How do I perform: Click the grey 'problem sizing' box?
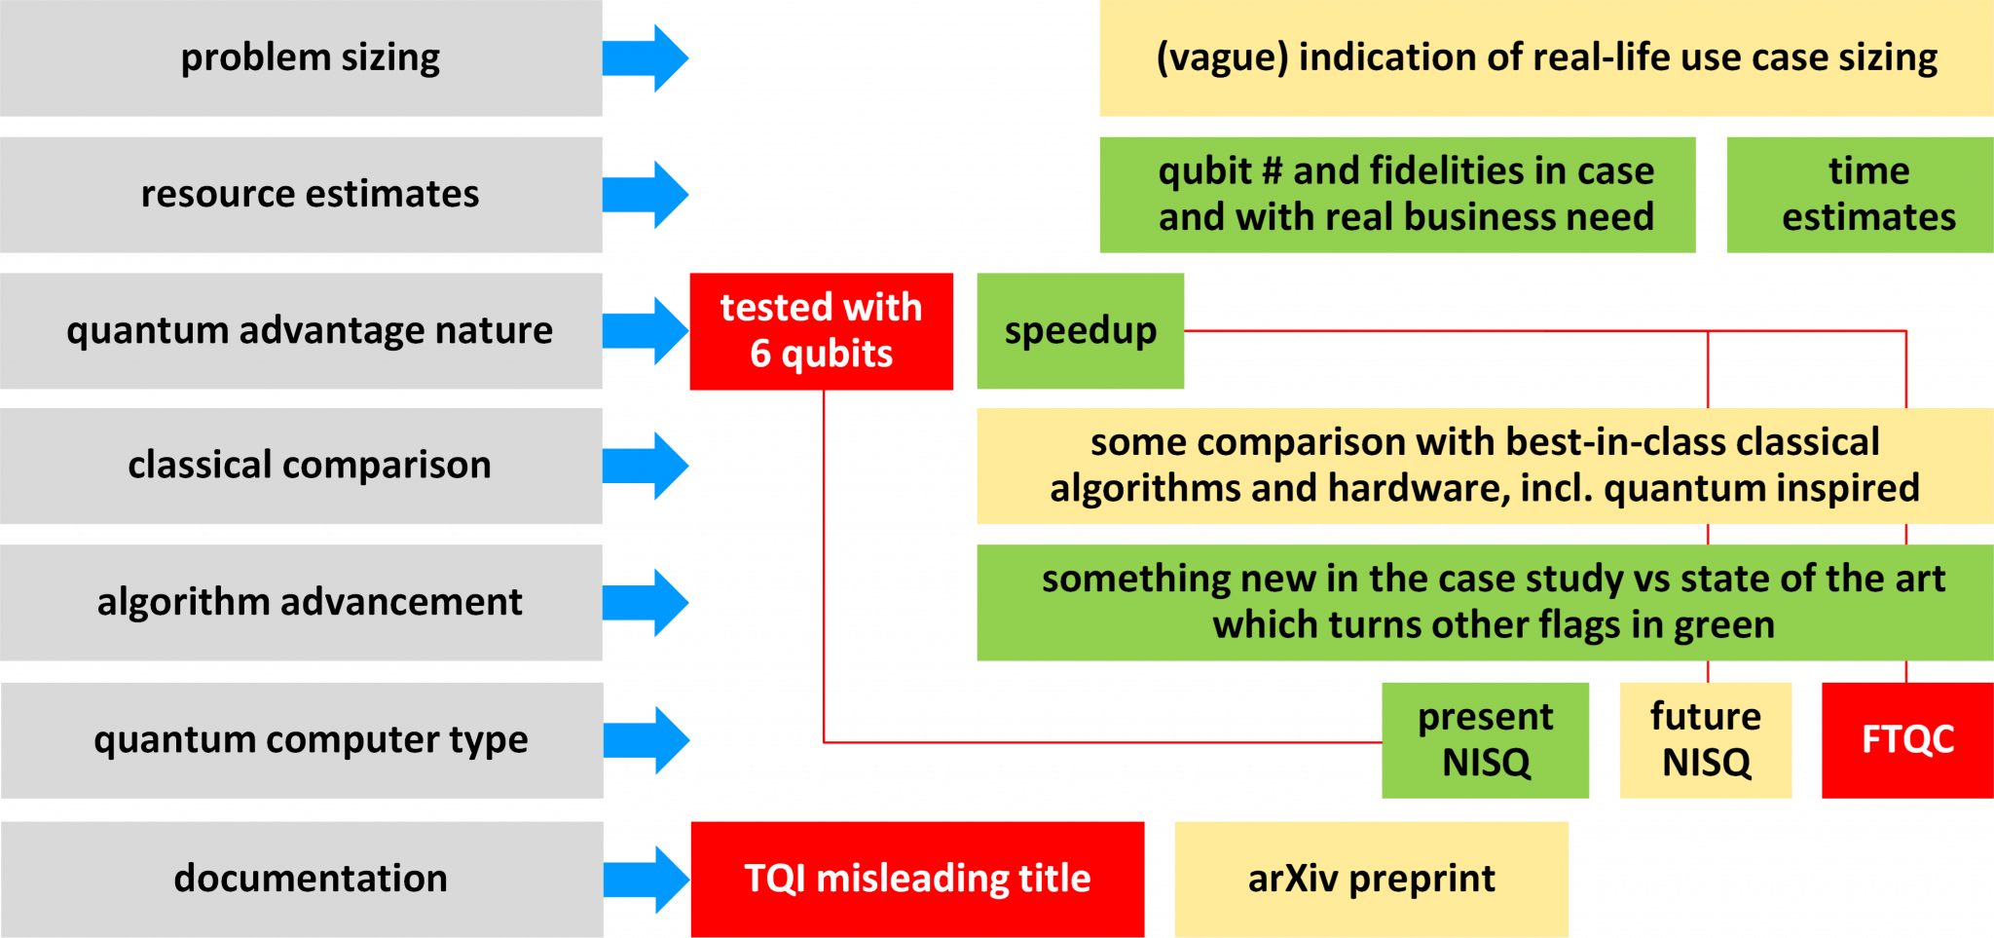click(x=302, y=58)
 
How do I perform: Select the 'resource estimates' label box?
click(x=302, y=194)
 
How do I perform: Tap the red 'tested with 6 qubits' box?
click(x=821, y=331)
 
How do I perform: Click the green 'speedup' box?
click(x=1080, y=331)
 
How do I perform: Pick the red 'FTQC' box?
click(x=1906, y=739)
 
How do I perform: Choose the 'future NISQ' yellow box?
click(x=1705, y=739)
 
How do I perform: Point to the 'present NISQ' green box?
click(x=1485, y=739)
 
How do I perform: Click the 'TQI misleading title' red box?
click(x=916, y=879)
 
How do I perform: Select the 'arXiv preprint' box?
click(x=1371, y=879)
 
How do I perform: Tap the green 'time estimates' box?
click(x=1867, y=194)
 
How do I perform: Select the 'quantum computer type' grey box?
click(x=302, y=739)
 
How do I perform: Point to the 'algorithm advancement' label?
click(x=310, y=602)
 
